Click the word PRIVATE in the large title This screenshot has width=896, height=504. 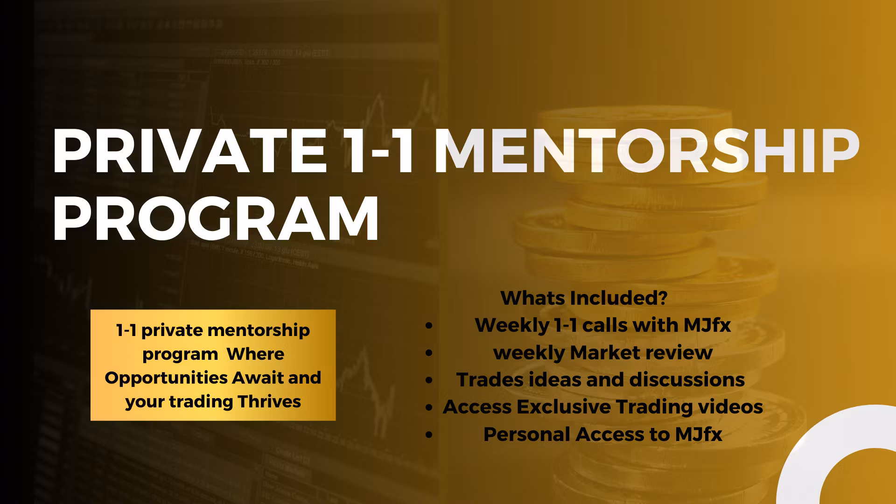pos(189,151)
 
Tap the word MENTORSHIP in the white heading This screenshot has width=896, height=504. pos(647,151)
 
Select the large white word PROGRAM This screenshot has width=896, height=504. pos(216,218)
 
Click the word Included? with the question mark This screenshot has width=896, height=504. pos(619,298)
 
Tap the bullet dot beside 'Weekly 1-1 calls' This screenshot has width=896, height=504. pos(429,326)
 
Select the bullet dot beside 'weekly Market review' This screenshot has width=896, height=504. pos(429,353)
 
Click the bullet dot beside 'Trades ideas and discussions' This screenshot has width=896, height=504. pos(429,380)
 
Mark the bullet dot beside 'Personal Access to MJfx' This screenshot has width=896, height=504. pos(429,435)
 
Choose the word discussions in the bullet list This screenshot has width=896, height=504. pos(687,380)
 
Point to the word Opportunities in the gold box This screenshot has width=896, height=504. pos(166,378)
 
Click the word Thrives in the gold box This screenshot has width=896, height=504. pos(269,401)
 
